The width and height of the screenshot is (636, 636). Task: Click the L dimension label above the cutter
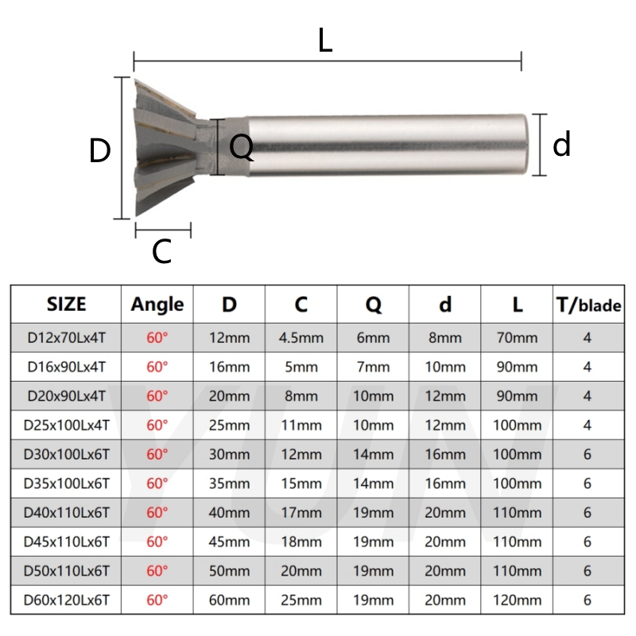coord(324,40)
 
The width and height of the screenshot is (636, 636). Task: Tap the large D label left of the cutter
coord(99,151)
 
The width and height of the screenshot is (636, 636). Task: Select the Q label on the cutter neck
coord(241,147)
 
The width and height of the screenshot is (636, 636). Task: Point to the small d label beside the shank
coord(562,145)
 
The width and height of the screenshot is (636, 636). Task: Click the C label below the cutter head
coord(161,252)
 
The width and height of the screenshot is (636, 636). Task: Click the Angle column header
coord(157,304)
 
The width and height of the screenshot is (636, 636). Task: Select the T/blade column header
coord(588,304)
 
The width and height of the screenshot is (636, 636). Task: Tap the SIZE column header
coord(67,304)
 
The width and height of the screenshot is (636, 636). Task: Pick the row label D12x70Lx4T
coord(67,338)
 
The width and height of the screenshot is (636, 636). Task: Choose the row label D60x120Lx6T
coord(67,600)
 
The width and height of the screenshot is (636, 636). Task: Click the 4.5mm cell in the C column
coord(301,338)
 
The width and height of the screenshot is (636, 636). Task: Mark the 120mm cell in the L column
coord(517,600)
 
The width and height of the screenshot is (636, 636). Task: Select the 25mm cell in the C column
coord(301,600)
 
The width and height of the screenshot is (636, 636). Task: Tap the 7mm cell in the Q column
coord(373,367)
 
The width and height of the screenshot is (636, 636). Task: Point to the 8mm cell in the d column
coord(444,338)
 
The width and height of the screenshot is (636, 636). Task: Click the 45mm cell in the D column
coord(229,542)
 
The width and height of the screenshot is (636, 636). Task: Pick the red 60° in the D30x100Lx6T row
coord(157,455)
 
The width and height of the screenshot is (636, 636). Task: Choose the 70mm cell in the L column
coord(517,338)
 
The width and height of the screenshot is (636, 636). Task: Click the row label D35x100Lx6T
coord(67,483)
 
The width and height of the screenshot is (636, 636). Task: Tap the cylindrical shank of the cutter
coord(390,145)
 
